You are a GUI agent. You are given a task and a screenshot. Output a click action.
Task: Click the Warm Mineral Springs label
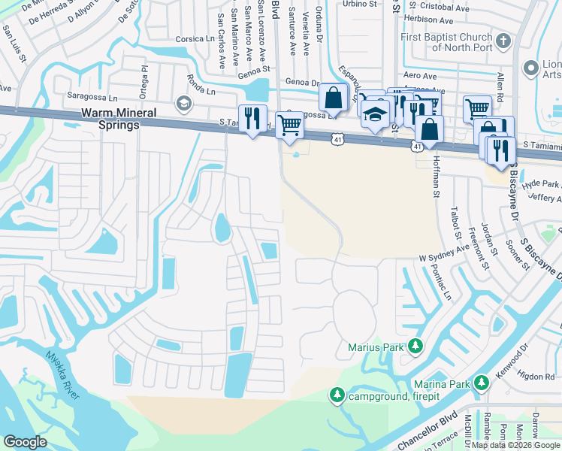[x=110, y=119]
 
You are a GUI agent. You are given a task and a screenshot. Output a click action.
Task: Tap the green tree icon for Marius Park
[x=414, y=347]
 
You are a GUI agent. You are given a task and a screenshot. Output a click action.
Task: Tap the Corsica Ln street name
[x=195, y=39]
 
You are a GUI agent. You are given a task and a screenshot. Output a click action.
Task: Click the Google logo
[x=25, y=442]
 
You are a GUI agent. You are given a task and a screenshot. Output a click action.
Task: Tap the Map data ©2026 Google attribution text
[x=515, y=445]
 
